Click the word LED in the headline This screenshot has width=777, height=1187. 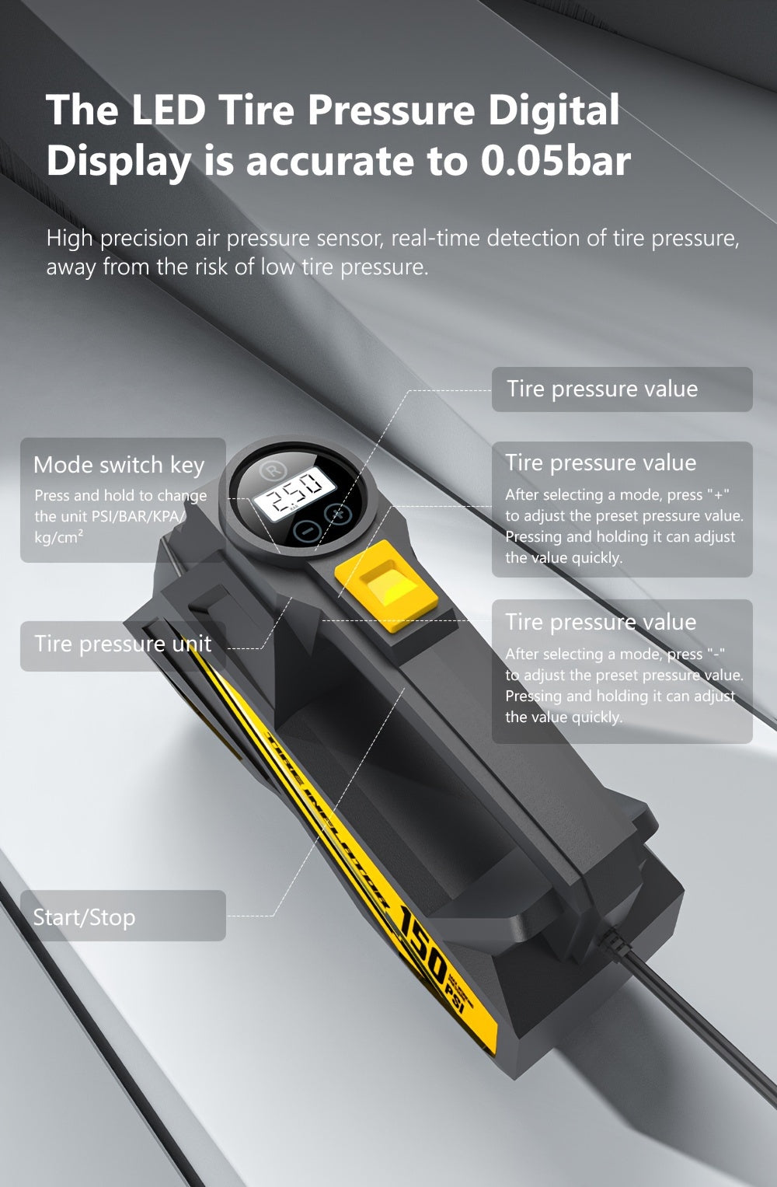(x=168, y=110)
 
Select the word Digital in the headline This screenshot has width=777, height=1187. (x=553, y=110)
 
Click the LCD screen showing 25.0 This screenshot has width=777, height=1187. (x=295, y=492)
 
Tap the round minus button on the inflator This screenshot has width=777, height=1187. (x=308, y=532)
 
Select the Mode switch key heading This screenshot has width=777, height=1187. (x=119, y=465)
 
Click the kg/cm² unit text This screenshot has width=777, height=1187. (x=59, y=537)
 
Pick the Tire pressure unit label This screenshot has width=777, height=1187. (x=123, y=644)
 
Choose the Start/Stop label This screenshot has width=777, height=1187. (x=84, y=917)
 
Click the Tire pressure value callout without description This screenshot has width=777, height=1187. (x=602, y=389)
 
